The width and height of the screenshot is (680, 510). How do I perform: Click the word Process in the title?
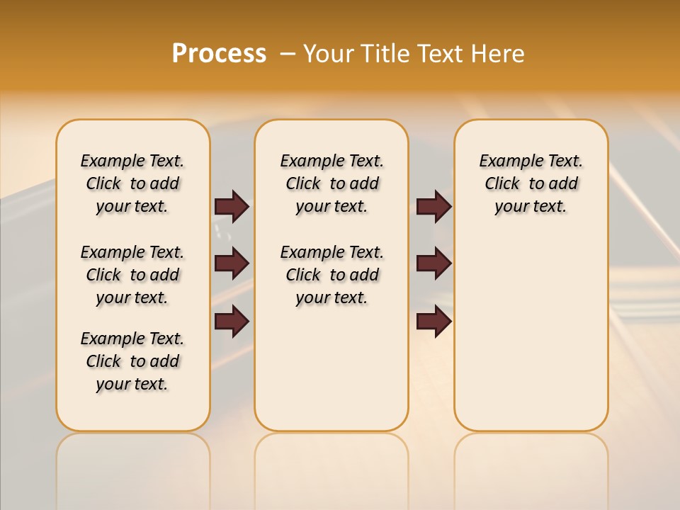(x=219, y=53)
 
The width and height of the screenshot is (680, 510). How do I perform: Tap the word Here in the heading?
(x=499, y=54)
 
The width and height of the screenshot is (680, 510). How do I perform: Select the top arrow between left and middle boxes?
(x=232, y=206)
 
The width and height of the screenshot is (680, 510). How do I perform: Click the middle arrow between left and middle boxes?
(x=232, y=263)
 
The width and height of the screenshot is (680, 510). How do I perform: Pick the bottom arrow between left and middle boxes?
(x=232, y=321)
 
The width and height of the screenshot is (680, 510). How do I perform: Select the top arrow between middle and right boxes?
(x=433, y=206)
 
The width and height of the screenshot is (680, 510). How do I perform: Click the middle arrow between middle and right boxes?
(x=433, y=263)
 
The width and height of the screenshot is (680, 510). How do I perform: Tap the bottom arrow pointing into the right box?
(x=433, y=321)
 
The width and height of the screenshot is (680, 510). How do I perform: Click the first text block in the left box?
(x=132, y=183)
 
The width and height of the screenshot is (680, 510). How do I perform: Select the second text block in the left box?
(x=132, y=275)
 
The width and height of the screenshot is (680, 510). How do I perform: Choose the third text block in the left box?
(x=132, y=361)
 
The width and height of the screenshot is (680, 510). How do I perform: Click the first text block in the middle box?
(x=331, y=183)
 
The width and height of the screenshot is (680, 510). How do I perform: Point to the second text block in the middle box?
(x=331, y=275)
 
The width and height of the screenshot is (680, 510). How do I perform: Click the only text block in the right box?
(x=531, y=183)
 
